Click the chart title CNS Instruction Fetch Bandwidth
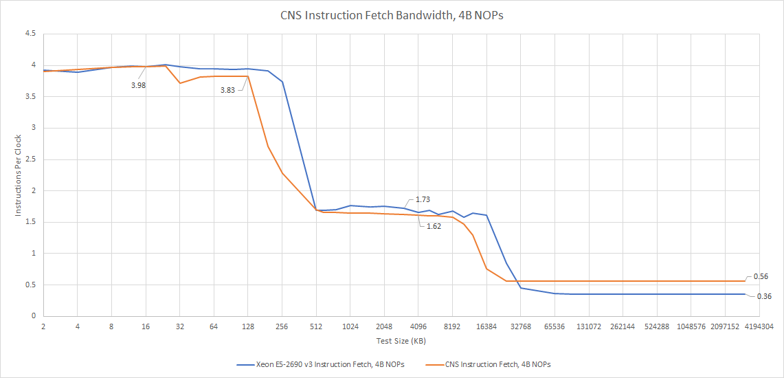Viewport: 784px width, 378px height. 392,15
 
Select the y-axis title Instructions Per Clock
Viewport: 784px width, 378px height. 19,174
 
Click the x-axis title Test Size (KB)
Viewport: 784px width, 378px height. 401,341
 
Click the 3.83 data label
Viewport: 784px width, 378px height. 229,90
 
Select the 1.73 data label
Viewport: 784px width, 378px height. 423,199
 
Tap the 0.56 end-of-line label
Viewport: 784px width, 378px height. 760,276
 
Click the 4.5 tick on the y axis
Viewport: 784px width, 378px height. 32,34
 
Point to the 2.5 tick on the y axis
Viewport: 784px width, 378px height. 32,159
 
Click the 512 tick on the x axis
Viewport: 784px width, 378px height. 316,327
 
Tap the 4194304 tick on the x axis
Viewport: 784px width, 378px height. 759,327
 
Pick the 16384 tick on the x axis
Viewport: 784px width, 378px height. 486,327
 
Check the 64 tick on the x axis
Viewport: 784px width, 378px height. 214,327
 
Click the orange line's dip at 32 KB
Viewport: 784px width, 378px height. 179,83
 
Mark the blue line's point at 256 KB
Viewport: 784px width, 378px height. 282,82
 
